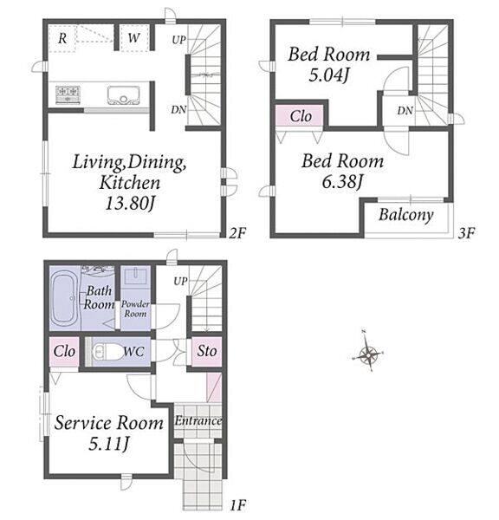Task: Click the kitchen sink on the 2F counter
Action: (123, 95)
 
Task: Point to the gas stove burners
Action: (68, 94)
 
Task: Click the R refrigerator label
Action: (62, 38)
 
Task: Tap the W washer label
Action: (133, 37)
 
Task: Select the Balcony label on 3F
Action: (405, 215)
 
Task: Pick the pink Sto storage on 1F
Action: (207, 352)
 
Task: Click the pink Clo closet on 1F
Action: (64, 352)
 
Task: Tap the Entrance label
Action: (198, 421)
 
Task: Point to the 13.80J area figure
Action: (130, 203)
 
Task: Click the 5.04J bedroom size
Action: (328, 75)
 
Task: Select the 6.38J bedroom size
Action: (342, 181)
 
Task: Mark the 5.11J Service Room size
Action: (108, 443)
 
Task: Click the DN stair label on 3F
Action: (405, 111)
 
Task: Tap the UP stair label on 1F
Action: (180, 281)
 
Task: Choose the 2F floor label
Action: (237, 233)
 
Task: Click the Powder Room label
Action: (135, 309)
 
